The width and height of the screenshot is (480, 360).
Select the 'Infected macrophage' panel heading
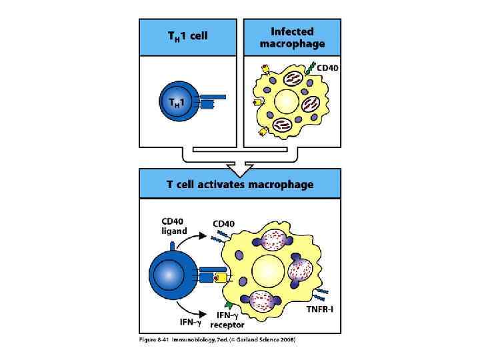coord(293,37)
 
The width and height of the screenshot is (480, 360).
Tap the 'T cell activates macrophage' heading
coord(239,184)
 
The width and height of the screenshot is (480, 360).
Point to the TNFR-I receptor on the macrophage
coord(320,293)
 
